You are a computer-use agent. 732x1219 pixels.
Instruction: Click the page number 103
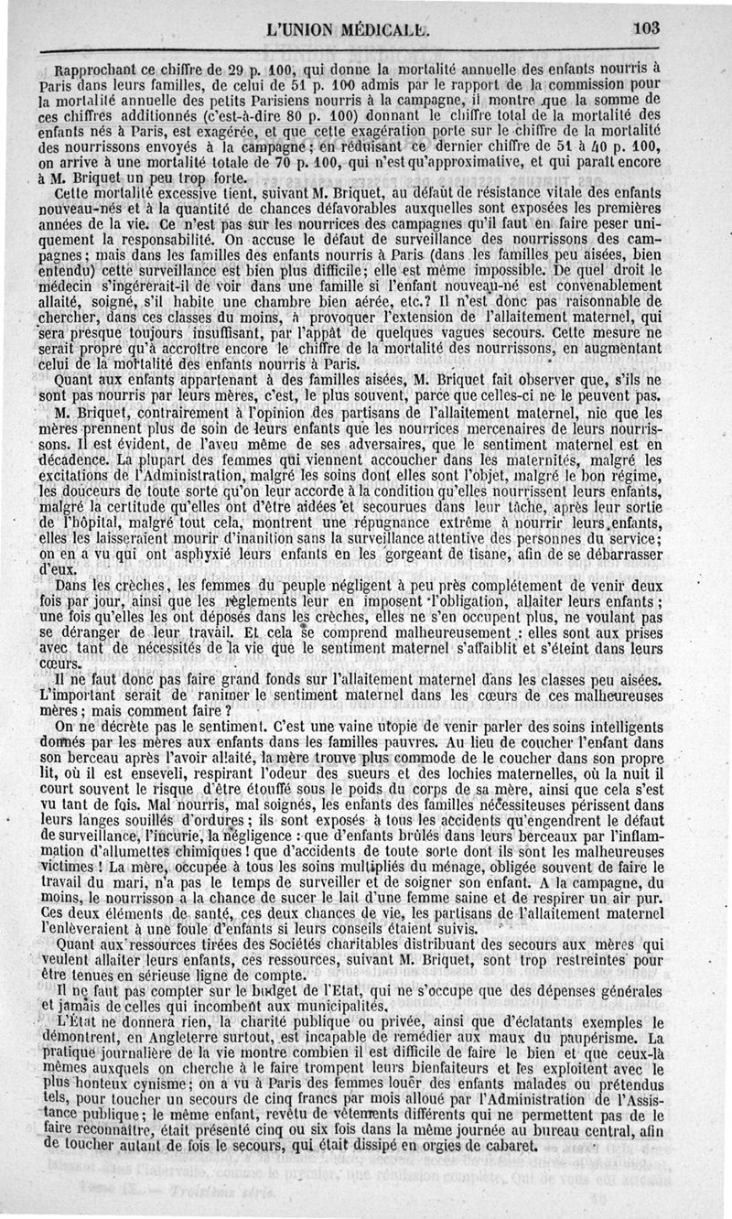click(x=644, y=28)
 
